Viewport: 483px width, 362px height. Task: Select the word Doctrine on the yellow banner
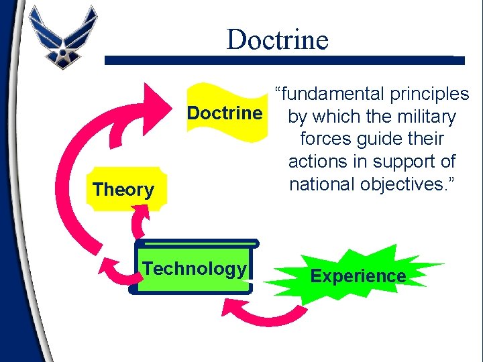(x=225, y=113)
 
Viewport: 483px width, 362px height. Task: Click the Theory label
(x=123, y=190)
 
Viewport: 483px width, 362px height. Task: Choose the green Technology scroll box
(x=195, y=269)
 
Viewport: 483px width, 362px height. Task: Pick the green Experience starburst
(x=358, y=276)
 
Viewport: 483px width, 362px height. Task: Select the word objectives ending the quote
(x=407, y=184)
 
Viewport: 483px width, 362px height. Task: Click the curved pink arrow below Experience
(x=265, y=315)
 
